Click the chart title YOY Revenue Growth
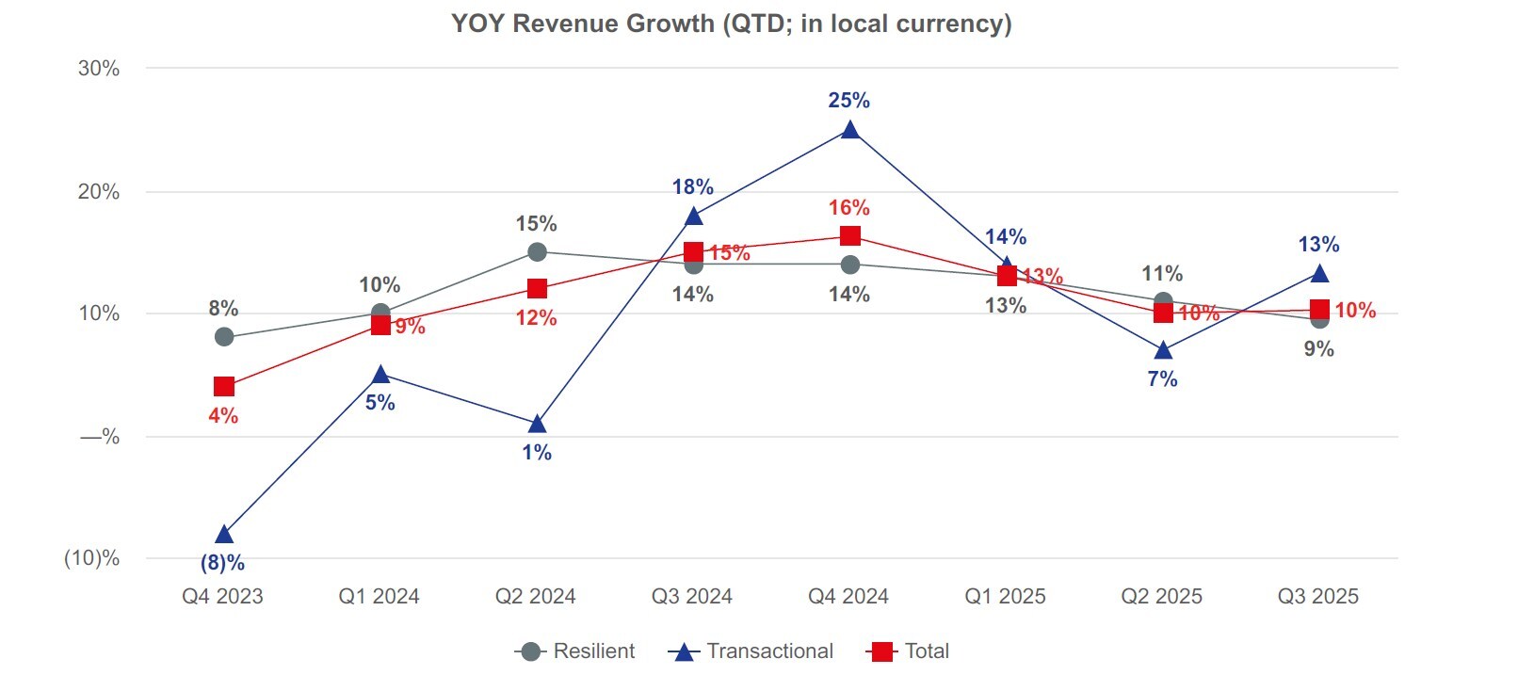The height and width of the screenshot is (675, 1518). point(731,24)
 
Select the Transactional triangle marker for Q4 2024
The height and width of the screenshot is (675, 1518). point(849,130)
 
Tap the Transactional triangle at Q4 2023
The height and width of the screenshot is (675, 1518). point(224,535)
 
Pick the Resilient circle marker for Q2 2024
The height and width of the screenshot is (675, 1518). point(537,251)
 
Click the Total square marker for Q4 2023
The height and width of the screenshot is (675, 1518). point(224,386)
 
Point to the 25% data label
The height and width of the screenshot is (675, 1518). point(848,101)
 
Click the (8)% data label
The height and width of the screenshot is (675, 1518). point(222,563)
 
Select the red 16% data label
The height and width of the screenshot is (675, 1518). point(848,208)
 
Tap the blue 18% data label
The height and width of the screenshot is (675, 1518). point(692,187)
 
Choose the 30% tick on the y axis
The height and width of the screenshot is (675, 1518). point(99,69)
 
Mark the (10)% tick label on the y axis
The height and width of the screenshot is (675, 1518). point(92,558)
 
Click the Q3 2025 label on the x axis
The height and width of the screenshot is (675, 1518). point(1317,597)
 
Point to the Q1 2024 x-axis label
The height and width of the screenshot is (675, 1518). point(379,597)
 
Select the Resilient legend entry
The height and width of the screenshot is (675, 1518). point(575,651)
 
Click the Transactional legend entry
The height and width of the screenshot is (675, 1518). point(751,651)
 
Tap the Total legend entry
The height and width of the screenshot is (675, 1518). point(909,651)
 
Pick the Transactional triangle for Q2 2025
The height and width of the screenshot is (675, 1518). point(1163,350)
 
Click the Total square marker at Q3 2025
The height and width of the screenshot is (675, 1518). point(1319,310)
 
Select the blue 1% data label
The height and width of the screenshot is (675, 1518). point(537,453)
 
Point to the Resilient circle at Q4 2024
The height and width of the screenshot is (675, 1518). point(849,265)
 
